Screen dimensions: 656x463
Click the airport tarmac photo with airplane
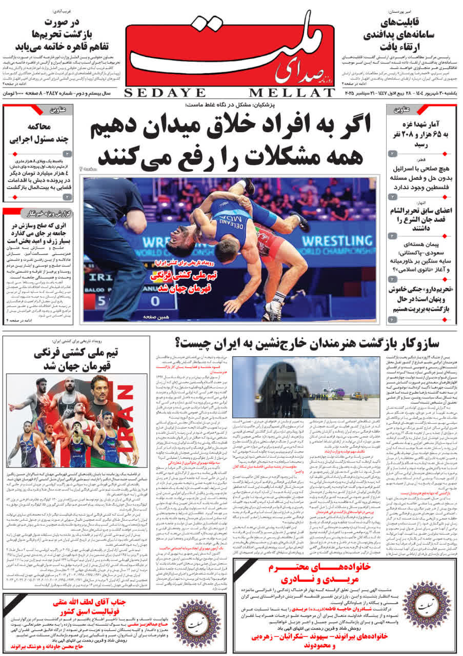(306, 387)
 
